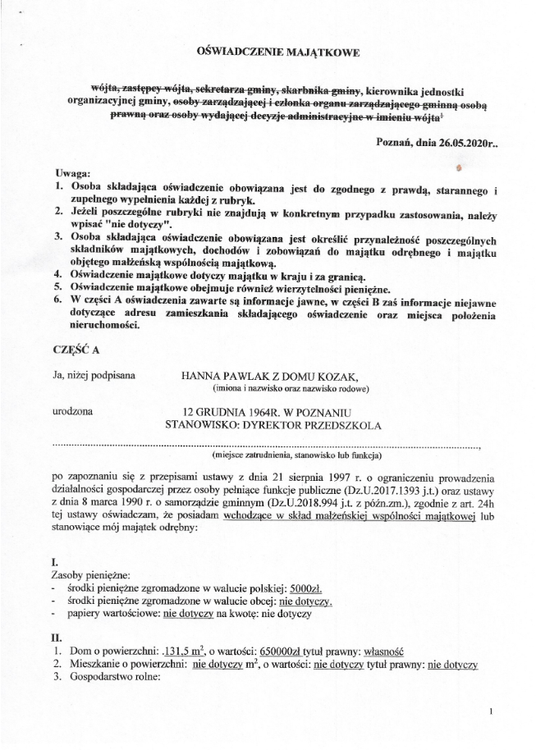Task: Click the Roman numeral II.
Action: [x=56, y=636]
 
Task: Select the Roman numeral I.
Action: [x=53, y=564]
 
